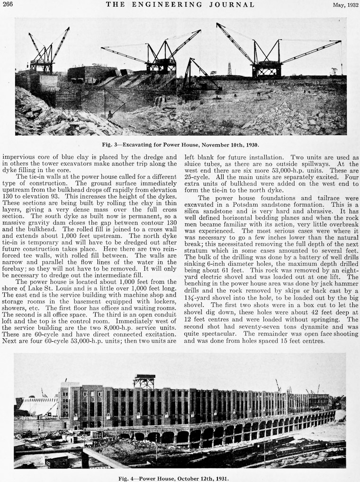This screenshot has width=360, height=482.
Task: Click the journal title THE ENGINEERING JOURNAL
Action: (x=180, y=5)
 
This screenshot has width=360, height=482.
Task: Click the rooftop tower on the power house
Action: (x=144, y=381)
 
